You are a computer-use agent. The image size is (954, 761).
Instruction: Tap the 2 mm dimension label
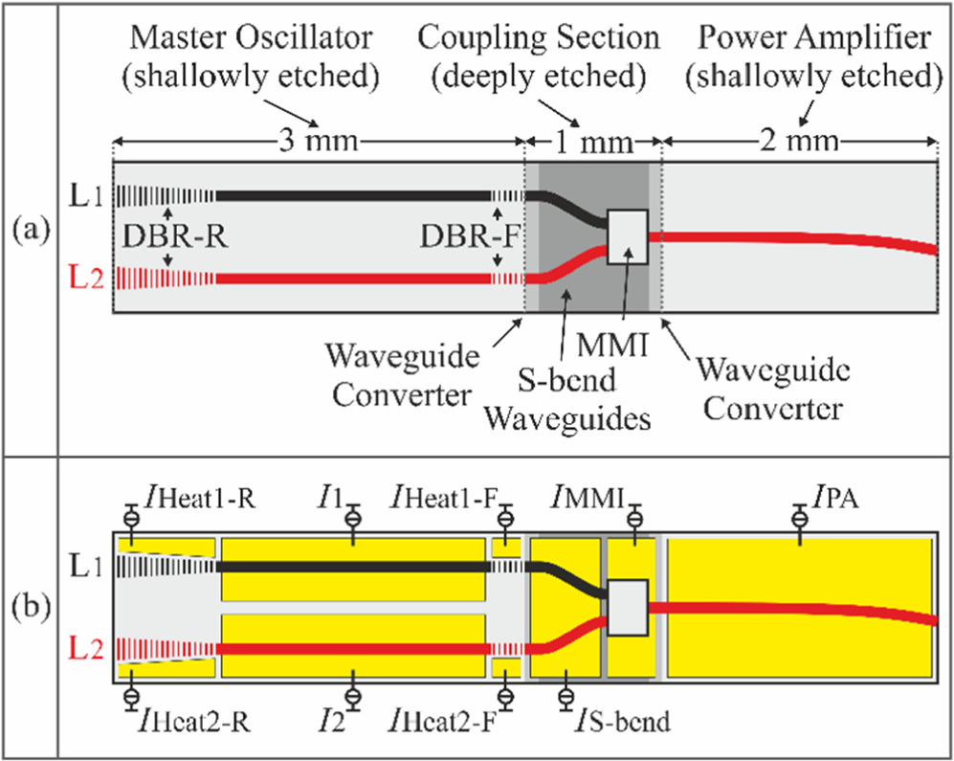[799, 143]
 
